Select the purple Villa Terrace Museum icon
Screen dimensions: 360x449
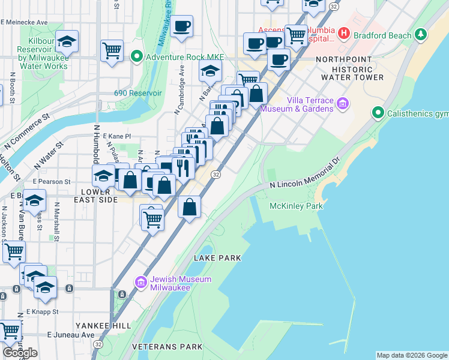click(343, 104)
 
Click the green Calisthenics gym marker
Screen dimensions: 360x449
click(378, 113)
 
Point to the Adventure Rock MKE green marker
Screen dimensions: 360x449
click(136, 58)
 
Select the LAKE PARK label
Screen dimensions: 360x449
click(217, 258)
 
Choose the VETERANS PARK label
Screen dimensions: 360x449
click(167, 347)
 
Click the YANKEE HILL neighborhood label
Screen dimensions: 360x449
click(95, 325)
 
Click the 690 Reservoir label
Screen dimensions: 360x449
click(138, 93)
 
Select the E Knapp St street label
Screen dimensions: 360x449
click(42, 312)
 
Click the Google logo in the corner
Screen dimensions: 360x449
click(20, 353)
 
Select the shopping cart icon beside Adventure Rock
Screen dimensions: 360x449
click(112, 50)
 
